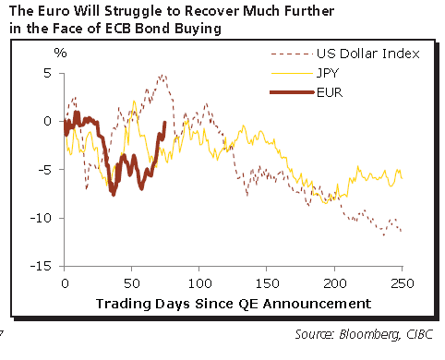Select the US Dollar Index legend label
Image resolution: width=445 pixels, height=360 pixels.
(367, 54)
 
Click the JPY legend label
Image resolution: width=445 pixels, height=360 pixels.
(328, 73)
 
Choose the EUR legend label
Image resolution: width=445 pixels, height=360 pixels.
(329, 92)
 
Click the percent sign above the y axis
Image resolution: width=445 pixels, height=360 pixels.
(61, 53)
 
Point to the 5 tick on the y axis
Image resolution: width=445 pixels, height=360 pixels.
(46, 73)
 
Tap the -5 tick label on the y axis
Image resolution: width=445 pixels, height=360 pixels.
(43, 170)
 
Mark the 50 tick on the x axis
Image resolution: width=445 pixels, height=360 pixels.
(132, 283)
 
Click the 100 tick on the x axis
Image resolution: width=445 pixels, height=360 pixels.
(199, 283)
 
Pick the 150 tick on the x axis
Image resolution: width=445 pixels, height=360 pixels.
(267, 283)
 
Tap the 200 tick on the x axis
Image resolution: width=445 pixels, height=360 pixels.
(334, 283)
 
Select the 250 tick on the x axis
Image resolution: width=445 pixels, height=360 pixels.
(402, 283)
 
